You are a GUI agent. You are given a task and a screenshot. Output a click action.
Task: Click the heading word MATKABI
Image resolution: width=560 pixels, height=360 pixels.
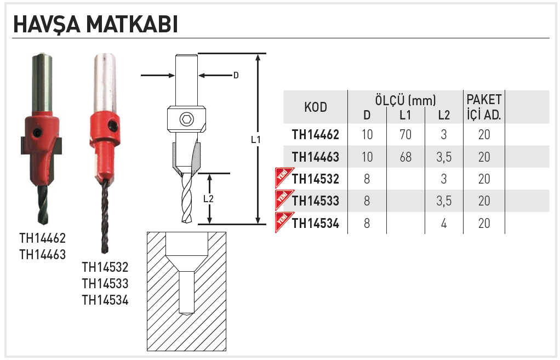[132, 24]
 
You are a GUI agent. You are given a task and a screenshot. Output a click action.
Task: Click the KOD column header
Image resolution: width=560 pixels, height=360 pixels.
[316, 107]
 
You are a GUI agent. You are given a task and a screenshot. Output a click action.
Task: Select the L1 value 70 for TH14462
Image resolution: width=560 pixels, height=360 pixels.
[405, 135]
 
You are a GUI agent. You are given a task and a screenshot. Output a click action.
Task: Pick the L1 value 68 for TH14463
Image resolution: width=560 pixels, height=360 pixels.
[405, 157]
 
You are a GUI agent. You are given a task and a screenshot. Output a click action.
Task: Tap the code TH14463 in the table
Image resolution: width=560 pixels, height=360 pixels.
[316, 157]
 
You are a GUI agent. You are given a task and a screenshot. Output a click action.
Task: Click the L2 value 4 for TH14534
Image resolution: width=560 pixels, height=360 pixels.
[444, 223]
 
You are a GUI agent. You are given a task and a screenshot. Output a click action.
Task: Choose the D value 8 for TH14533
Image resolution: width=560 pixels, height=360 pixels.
[367, 201]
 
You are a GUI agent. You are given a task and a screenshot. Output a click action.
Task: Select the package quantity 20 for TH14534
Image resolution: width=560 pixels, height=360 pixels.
[484, 223]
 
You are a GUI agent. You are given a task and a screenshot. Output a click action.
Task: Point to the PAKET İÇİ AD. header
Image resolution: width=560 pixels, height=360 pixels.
[484, 107]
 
